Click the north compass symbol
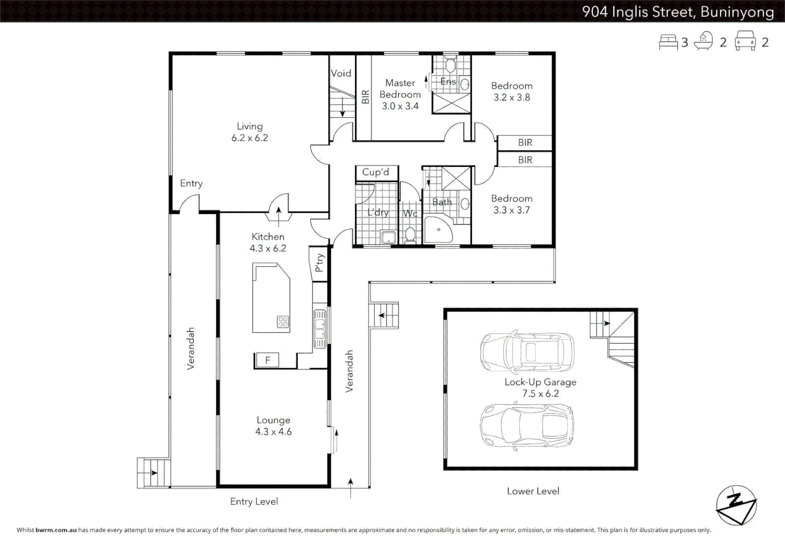coord(736,505)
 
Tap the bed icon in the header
coord(668,42)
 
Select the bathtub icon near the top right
coord(703,41)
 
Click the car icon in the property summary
coord(745,41)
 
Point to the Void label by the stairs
coord(341,73)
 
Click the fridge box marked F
coord(267,360)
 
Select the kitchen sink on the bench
coord(320,328)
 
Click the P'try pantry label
coord(319,263)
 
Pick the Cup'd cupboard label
coord(376,172)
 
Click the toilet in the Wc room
coord(410,234)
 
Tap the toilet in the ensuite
coord(450,65)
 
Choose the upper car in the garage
coord(527,353)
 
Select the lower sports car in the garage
coord(527,425)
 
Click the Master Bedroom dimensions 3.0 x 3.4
coord(400,106)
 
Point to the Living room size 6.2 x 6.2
coord(250,138)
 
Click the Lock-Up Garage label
coord(540,382)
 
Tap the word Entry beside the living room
coord(191,183)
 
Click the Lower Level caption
coord(533,491)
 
